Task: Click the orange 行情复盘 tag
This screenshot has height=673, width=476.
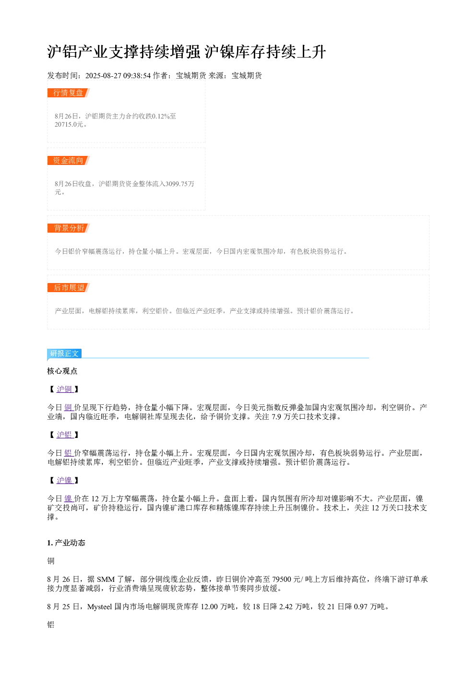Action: click(x=69, y=93)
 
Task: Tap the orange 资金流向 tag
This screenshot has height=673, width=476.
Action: click(x=69, y=160)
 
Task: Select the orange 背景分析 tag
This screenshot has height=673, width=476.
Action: click(x=69, y=228)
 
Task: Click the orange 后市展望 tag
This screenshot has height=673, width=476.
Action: click(x=69, y=287)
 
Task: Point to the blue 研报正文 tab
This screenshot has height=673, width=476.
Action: click(x=64, y=354)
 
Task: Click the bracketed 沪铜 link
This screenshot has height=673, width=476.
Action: click(x=65, y=390)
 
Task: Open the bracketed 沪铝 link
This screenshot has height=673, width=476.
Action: click(x=65, y=435)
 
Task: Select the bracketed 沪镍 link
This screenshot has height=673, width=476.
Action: click(x=65, y=481)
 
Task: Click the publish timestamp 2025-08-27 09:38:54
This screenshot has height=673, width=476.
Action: click(x=118, y=76)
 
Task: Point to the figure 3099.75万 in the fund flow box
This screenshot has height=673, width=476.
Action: click(x=180, y=184)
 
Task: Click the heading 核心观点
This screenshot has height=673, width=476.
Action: click(x=62, y=371)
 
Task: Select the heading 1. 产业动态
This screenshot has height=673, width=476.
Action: click(x=66, y=543)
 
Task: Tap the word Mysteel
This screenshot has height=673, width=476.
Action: click(x=100, y=607)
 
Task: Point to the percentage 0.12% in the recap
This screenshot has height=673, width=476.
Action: click(x=161, y=116)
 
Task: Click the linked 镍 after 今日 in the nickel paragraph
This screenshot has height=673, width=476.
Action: click(x=69, y=499)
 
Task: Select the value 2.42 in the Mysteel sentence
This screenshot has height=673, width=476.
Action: click(x=286, y=607)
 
